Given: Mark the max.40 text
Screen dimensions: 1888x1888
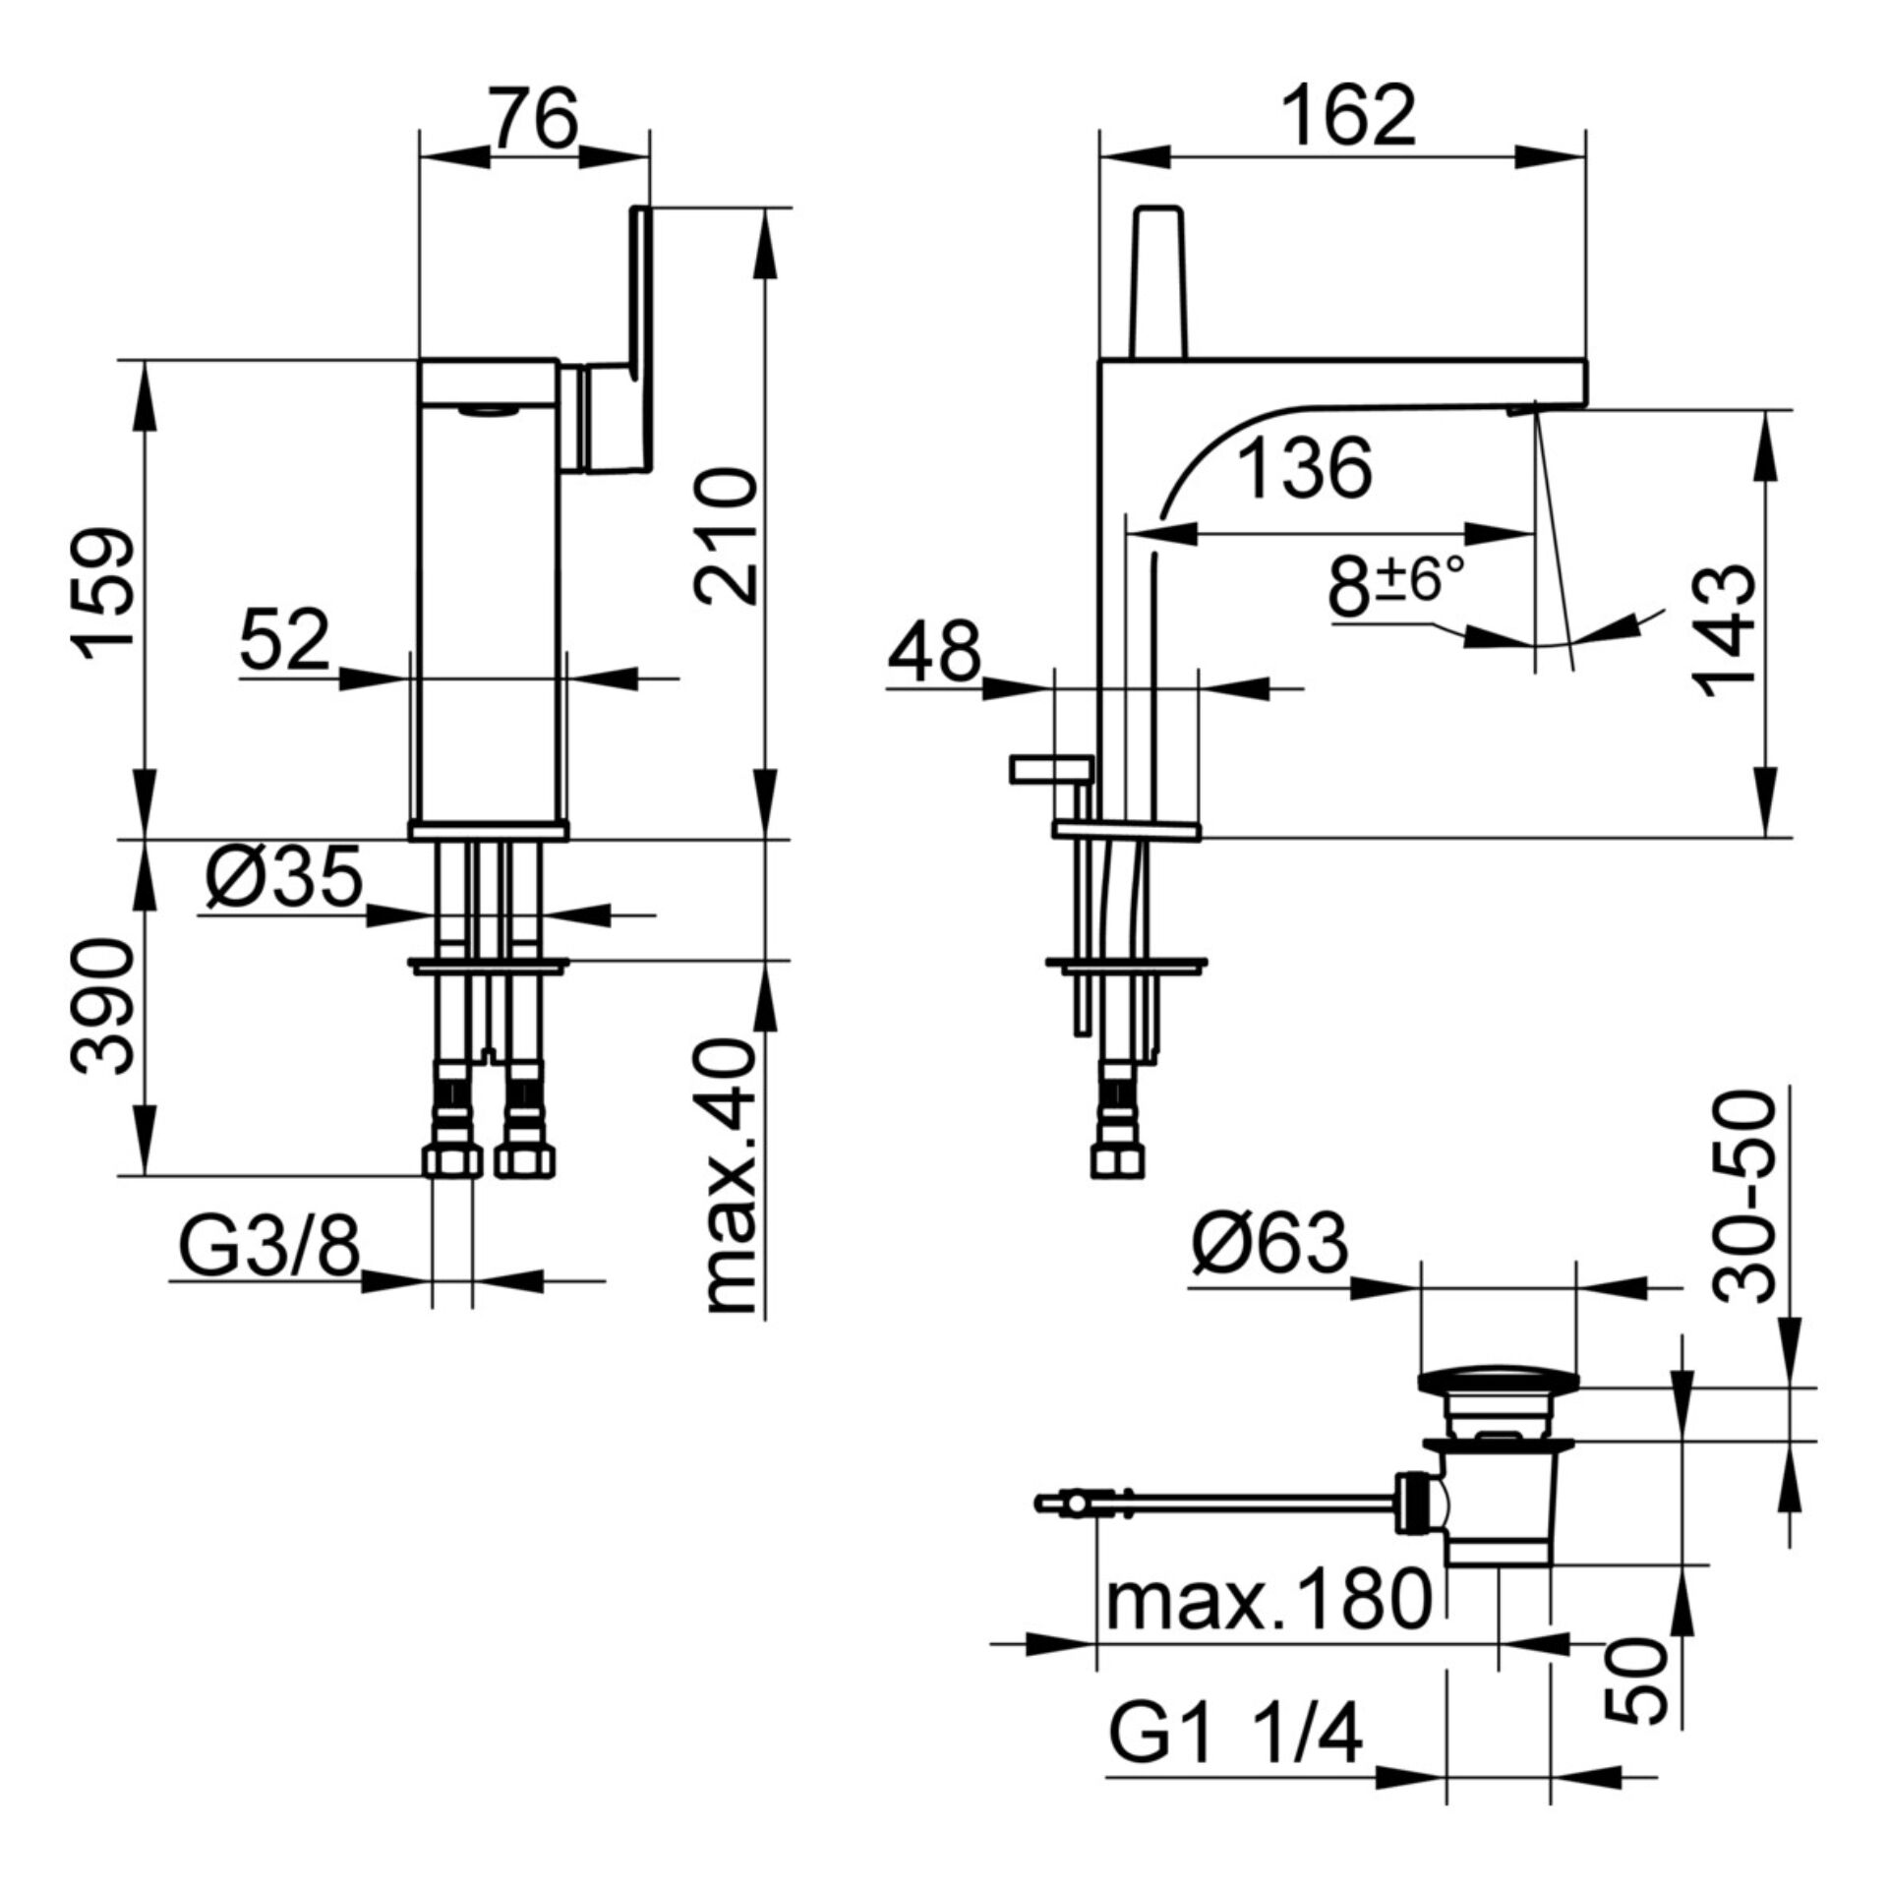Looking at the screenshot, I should pos(728,1179).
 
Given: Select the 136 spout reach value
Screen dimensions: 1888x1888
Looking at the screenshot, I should pos(1304,469).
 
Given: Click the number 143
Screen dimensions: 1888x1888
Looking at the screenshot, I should pos(1727,630).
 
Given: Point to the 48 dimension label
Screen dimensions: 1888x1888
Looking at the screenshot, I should pos(934,651).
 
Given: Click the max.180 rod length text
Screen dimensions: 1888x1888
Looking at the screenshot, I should pos(1268,1599).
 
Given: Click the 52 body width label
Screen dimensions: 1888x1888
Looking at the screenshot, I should pos(284,640).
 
